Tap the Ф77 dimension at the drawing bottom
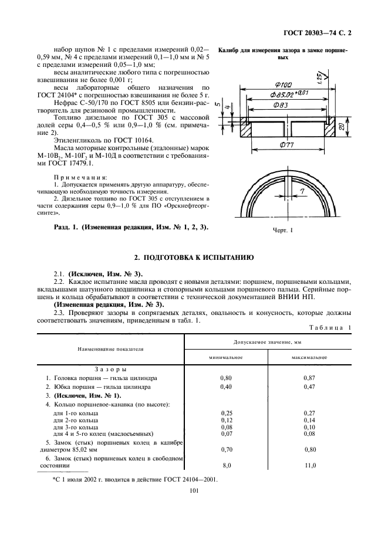coord(288,144)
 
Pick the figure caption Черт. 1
coord(282,231)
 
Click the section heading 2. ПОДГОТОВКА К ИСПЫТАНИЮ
coord(194,257)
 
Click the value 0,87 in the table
coord(310,378)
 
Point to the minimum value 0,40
coord(226,387)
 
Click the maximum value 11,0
coord(310,465)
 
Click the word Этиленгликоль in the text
coord(78,141)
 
